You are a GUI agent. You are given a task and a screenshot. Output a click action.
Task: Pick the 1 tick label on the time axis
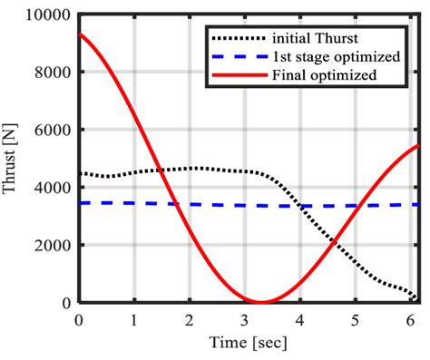click(134, 318)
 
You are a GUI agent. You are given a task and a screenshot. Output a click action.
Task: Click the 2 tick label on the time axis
click(190, 318)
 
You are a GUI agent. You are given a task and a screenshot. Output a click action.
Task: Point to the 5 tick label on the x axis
click(356, 318)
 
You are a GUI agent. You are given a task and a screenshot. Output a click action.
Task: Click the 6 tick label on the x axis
click(410, 318)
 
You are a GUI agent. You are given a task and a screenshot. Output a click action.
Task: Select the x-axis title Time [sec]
click(249, 342)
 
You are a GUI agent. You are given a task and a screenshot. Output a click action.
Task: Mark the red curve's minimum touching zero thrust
click(261, 302)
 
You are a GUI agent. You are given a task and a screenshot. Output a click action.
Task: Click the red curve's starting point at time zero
click(80, 34)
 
